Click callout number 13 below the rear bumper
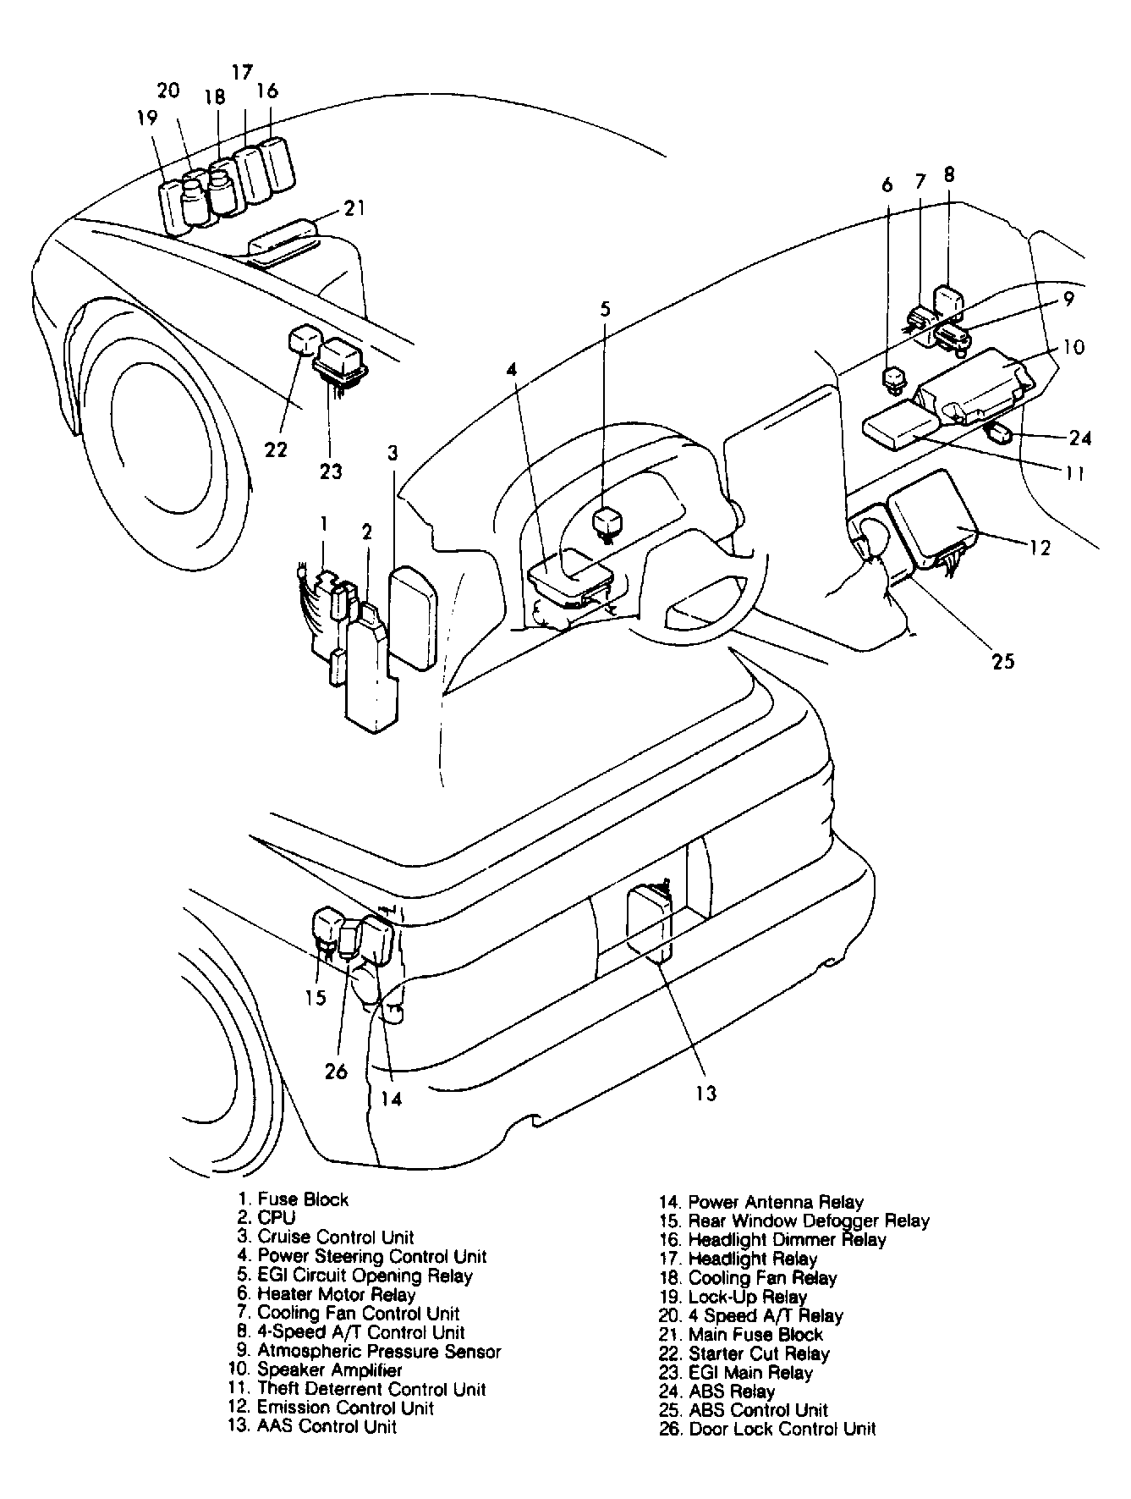[x=706, y=1093]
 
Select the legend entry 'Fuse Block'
[x=303, y=1199]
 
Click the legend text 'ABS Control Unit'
[x=758, y=1410]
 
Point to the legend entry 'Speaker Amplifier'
[x=329, y=1369]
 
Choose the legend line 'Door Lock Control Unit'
[x=782, y=1429]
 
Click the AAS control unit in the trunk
[x=649, y=923]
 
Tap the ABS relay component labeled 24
[x=1000, y=435]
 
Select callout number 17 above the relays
[x=242, y=71]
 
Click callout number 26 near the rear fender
[x=336, y=1071]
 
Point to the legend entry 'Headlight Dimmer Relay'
[x=787, y=1239]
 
